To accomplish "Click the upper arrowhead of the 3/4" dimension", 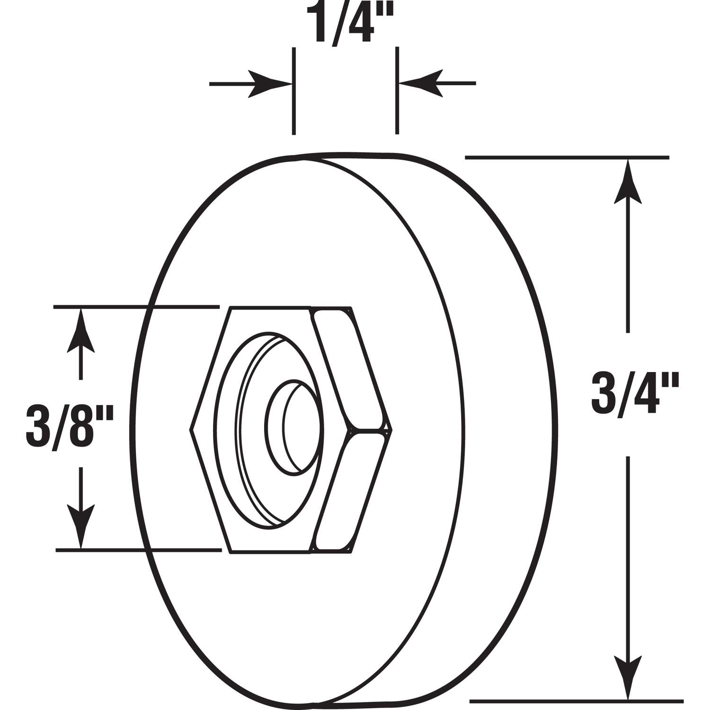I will [x=628, y=182].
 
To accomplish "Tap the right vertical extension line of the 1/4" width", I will [x=397, y=90].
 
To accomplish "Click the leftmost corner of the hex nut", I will [x=191, y=429].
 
